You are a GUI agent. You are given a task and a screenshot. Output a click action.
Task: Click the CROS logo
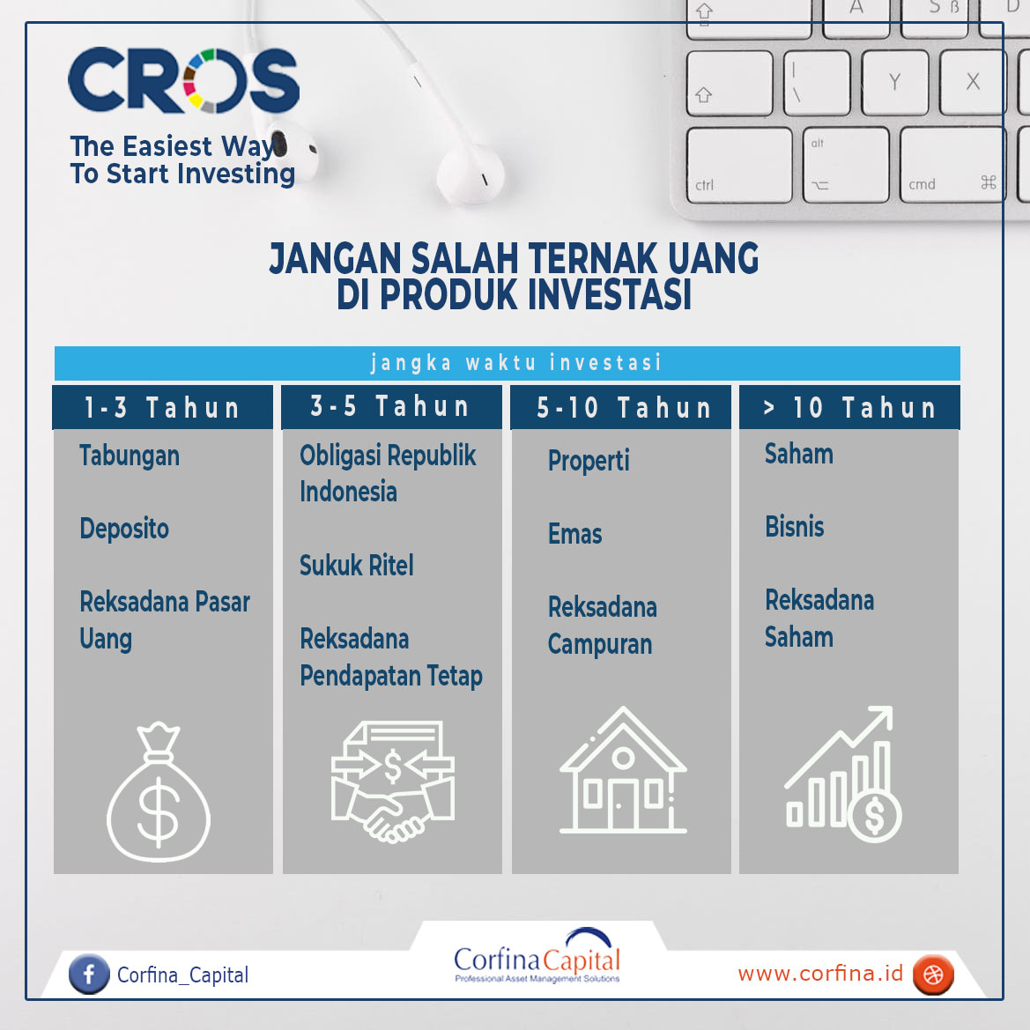(x=183, y=80)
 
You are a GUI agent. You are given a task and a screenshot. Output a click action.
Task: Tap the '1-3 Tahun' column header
(x=162, y=407)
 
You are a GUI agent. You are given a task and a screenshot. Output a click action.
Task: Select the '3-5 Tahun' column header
(x=391, y=406)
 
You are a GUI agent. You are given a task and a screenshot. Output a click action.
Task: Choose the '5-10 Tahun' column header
(x=621, y=407)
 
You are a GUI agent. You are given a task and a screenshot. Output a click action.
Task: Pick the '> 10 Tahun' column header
(x=849, y=407)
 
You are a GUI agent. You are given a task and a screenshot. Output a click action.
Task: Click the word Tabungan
(x=130, y=456)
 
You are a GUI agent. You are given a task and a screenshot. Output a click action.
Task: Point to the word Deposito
(x=124, y=529)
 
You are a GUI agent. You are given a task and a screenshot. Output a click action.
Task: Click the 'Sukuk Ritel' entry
(x=357, y=565)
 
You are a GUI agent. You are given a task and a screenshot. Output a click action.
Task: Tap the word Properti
(x=589, y=461)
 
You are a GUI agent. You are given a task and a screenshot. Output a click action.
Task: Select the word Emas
(x=574, y=534)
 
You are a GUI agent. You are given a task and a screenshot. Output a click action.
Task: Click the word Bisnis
(x=794, y=527)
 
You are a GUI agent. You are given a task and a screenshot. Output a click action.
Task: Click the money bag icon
(x=159, y=791)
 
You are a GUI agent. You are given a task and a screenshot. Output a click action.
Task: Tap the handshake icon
(x=393, y=782)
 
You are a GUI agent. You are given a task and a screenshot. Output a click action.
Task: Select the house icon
(x=623, y=770)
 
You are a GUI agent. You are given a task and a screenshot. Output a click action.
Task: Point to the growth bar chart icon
(x=843, y=774)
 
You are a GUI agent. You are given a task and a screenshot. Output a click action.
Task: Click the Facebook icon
(x=89, y=974)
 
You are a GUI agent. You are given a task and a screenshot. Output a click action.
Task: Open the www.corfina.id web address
(x=820, y=974)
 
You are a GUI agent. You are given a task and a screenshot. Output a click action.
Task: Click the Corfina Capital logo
(x=537, y=956)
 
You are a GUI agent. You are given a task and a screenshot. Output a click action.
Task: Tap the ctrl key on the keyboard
(x=739, y=165)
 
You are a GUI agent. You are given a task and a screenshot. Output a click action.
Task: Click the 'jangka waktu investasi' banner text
(x=515, y=363)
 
